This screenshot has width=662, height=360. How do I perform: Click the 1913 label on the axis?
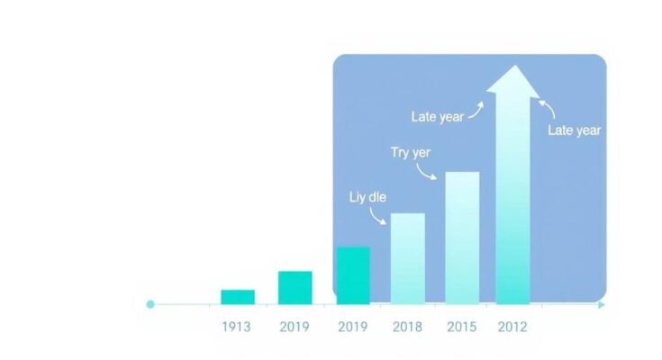pos(236,327)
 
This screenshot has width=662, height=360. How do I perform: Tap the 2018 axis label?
pos(407,327)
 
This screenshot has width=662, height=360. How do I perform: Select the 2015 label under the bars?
pos(461,327)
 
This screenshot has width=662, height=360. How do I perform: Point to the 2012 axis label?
pos(512,327)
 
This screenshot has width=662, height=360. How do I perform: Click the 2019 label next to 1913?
pos(295,327)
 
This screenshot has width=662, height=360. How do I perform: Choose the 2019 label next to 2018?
pos(352,327)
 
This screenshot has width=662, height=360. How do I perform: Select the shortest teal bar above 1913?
pos(238,297)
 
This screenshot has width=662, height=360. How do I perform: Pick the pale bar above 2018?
pos(408,258)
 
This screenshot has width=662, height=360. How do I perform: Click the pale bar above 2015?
pos(462,238)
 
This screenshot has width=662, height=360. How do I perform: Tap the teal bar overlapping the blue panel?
pos(353,275)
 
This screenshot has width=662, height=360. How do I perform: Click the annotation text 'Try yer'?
pos(411,152)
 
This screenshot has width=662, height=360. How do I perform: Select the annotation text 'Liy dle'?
pos(367,197)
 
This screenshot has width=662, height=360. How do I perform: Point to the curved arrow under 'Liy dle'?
pos(375,218)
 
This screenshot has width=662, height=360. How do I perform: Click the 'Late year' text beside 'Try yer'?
pos(438,116)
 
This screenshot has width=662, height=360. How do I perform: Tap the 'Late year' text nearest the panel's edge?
pos(575,130)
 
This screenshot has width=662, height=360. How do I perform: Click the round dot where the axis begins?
pos(150,304)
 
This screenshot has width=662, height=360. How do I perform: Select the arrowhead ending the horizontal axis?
pos(602,305)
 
